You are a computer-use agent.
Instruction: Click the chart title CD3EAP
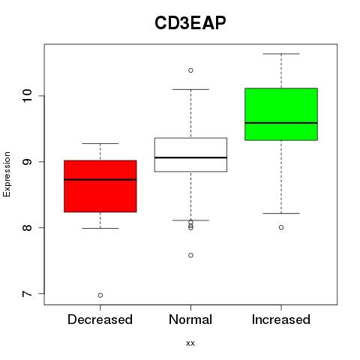(190, 23)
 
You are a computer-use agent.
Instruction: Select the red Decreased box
(100, 186)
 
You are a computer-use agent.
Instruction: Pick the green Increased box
(281, 114)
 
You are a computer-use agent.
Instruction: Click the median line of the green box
(281, 123)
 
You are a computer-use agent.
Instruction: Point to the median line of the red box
(100, 179)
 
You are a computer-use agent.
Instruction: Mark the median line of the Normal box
(190, 157)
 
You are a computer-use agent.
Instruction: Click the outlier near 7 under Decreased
(100, 295)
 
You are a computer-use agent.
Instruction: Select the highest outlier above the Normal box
(190, 70)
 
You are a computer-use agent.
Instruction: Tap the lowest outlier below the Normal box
(190, 255)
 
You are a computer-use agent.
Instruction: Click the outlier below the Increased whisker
(281, 227)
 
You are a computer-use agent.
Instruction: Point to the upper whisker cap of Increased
(281, 54)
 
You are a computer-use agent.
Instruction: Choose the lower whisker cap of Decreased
(100, 228)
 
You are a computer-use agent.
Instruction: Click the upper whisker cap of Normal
(190, 89)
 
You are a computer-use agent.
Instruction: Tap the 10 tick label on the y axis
(28, 96)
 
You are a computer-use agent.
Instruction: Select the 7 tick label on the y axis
(28, 293)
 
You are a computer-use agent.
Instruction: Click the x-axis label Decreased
(100, 319)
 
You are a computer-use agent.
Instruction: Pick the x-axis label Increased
(281, 319)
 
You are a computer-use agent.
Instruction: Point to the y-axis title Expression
(7, 174)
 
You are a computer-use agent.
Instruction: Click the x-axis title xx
(190, 343)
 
